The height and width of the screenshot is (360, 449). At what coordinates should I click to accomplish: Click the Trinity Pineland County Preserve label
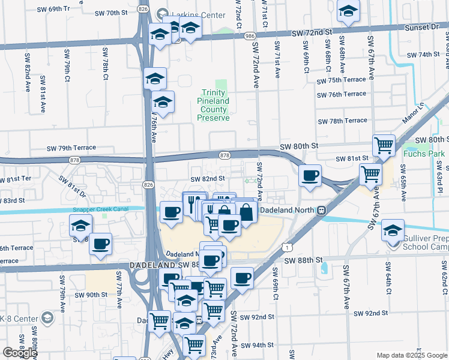click(214, 105)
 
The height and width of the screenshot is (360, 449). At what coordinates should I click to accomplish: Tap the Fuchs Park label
click(429, 154)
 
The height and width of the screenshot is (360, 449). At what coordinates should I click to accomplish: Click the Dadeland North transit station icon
click(322, 210)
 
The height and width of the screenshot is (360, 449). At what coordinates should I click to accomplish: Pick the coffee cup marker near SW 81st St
click(310, 176)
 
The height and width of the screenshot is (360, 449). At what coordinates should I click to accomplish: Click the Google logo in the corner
click(20, 353)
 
